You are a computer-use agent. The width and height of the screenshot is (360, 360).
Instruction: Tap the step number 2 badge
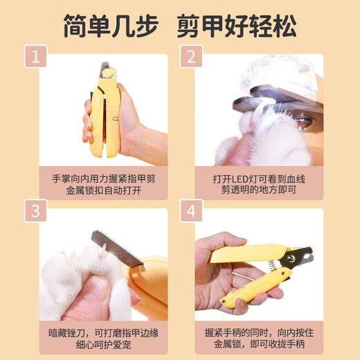pyautogui.click(x=190, y=57)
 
